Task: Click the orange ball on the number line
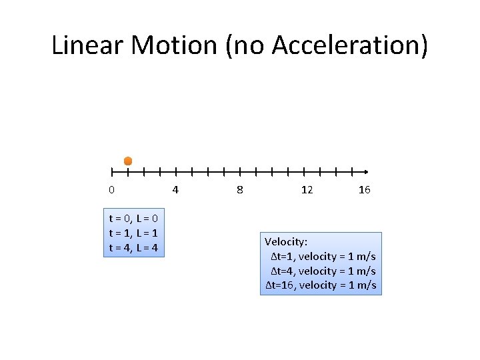128,161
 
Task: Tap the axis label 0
111,190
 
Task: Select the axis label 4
175,190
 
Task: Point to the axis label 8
240,190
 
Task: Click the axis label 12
307,190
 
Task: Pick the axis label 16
364,190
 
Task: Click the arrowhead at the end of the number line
365,171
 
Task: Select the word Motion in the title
174,45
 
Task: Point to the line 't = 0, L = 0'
133,219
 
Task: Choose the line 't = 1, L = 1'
133,233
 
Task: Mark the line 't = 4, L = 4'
133,248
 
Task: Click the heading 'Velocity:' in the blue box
286,241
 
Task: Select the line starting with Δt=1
323,256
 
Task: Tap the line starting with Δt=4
323,271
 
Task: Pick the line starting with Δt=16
321,285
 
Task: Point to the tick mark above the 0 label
112,171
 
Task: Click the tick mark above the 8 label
240,171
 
